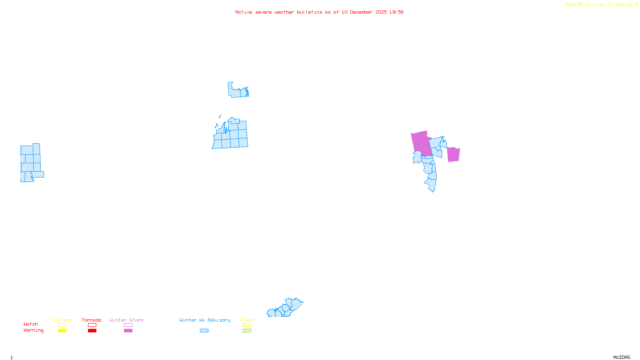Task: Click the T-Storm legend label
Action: [62, 320]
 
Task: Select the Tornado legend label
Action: [92, 320]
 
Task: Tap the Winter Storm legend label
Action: [126, 320]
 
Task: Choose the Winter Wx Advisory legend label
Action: [205, 320]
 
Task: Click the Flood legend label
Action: [247, 320]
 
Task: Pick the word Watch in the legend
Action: [31, 324]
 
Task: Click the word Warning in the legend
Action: [34, 330]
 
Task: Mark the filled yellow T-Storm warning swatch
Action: [62, 331]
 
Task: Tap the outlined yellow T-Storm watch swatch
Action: [62, 325]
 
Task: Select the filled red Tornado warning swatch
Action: [92, 331]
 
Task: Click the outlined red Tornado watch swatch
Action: [92, 325]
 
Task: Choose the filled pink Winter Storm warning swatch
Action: [128, 331]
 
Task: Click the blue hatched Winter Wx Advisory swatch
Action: [204, 331]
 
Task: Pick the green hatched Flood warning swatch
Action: [247, 331]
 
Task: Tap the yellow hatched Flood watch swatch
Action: [247, 325]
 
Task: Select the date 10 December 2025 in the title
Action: [364, 12]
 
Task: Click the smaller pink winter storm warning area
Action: [453, 154]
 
